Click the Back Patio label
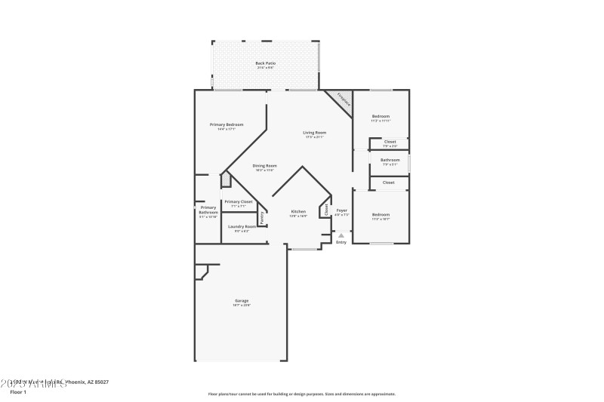click(x=265, y=63)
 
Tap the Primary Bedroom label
click(x=226, y=124)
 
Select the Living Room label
click(x=314, y=133)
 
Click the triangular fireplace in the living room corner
click(x=342, y=100)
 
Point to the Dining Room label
click(x=264, y=165)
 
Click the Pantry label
click(x=262, y=218)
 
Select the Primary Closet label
click(x=238, y=201)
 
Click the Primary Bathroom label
click(x=208, y=210)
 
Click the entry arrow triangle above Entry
click(x=341, y=235)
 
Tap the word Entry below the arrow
click(x=341, y=242)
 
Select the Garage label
click(x=241, y=301)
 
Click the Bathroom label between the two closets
click(x=390, y=160)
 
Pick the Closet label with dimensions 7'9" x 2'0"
click(x=390, y=142)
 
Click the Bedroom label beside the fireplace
click(x=381, y=116)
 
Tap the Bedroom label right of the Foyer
click(x=381, y=215)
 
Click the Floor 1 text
click(x=18, y=392)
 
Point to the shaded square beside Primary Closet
click(x=225, y=180)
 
